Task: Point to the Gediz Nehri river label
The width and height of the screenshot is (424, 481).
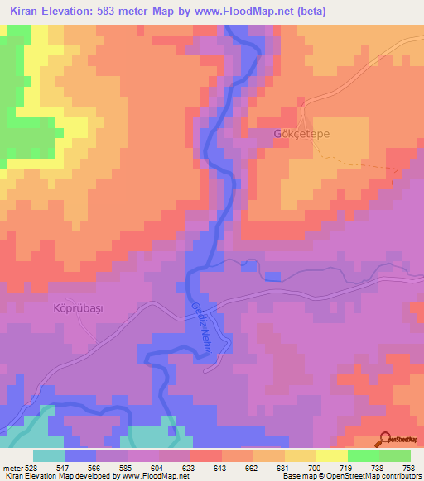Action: point(199,327)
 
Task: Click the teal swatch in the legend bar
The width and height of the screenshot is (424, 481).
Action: point(49,455)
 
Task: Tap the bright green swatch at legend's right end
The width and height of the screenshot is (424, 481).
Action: point(395,455)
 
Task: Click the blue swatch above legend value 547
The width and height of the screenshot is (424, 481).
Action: point(80,455)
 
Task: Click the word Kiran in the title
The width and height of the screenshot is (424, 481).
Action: point(27,12)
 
